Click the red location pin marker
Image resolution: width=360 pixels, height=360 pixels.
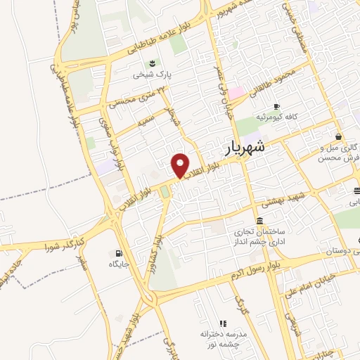[x=181, y=166]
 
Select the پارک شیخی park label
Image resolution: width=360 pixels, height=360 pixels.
[x=153, y=74]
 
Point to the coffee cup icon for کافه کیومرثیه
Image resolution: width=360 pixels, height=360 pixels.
[x=276, y=106]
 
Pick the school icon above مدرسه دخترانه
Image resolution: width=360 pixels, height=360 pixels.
[x=224, y=323]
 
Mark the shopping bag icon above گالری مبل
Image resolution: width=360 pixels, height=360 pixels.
[x=339, y=136]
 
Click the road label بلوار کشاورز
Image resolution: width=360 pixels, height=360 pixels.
[x=158, y=247]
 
